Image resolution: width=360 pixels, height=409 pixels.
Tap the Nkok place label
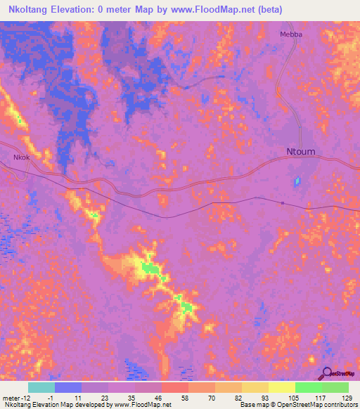point(21,158)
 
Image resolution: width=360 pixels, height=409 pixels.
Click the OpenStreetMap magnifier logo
point(328,374)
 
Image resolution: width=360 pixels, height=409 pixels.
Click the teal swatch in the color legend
point(41,387)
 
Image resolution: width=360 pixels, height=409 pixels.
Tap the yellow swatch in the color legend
point(281,387)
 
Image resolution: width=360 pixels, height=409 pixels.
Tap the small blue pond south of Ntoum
point(297,183)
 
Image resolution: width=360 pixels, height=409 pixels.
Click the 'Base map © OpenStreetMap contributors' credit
point(297,405)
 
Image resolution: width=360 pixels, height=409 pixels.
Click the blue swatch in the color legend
point(68,387)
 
